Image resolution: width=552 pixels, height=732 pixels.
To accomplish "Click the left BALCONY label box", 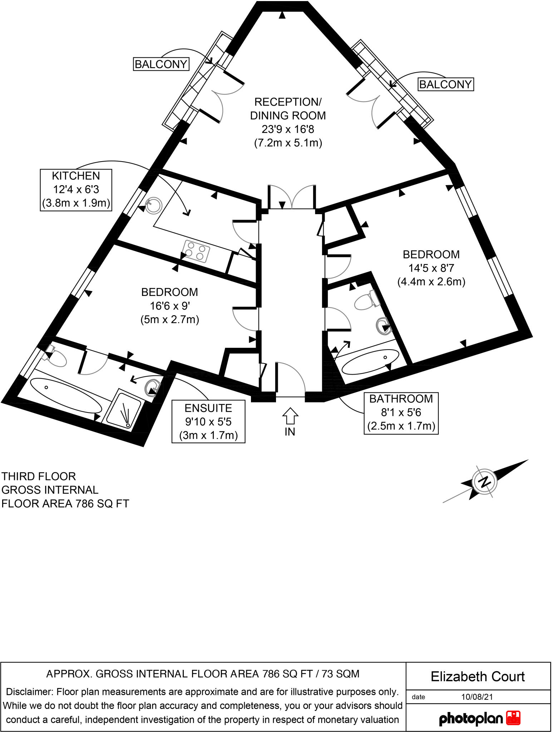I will pyautogui.click(x=161, y=64).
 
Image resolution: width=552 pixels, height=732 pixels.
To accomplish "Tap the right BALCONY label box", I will pyautogui.click(x=445, y=84).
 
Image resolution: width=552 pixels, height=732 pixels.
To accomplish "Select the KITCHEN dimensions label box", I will pyautogui.click(x=76, y=190).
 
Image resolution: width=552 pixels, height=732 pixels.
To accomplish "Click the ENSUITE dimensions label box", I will pyautogui.click(x=208, y=422).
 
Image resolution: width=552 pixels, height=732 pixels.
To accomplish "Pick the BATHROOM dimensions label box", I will pyautogui.click(x=401, y=413).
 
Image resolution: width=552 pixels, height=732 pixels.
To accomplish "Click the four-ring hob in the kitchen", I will pyautogui.click(x=196, y=251).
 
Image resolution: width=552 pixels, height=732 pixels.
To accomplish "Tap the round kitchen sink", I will pyautogui.click(x=154, y=206).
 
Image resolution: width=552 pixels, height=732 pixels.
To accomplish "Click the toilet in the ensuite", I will pyautogui.click(x=55, y=356).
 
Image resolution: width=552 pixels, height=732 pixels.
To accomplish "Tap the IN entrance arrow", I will pyautogui.click(x=290, y=416).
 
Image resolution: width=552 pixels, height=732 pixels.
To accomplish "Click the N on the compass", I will pyautogui.click(x=484, y=481).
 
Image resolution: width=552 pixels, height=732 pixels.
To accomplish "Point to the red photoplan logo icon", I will pyautogui.click(x=513, y=718).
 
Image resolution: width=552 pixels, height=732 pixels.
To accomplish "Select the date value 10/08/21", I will pyautogui.click(x=477, y=697).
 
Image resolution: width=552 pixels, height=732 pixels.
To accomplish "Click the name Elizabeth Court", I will pyautogui.click(x=478, y=677).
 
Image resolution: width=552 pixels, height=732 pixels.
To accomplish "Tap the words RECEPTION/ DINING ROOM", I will pyautogui.click(x=288, y=109).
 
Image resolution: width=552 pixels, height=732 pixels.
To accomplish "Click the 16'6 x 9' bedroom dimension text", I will pyautogui.click(x=169, y=306).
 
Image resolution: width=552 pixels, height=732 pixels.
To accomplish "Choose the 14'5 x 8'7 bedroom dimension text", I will pyautogui.click(x=431, y=268).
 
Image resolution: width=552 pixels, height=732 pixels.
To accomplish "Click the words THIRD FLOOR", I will pyautogui.click(x=39, y=476).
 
